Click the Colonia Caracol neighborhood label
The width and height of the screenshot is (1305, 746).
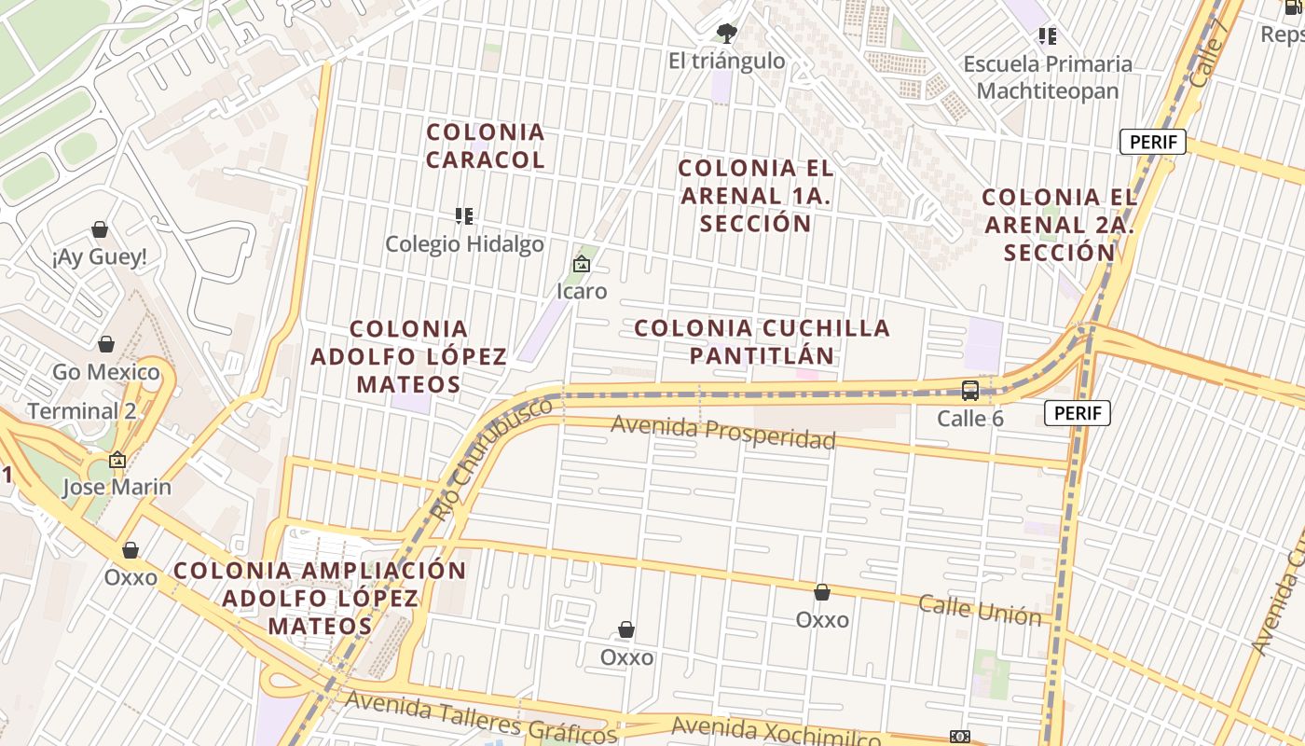tap(485, 145)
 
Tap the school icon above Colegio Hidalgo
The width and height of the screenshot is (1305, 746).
tap(464, 216)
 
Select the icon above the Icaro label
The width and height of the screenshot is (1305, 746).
tap(582, 264)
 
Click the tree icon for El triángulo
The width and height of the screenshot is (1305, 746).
tap(726, 34)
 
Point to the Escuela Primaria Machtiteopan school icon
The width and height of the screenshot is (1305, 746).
tap(1048, 36)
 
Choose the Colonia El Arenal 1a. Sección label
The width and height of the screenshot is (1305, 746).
tap(756, 196)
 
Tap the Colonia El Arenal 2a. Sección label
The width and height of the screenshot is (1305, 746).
tap(1060, 225)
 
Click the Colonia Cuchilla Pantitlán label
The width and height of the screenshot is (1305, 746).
tap(762, 341)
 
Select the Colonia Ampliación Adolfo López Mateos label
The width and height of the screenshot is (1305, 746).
tap(321, 598)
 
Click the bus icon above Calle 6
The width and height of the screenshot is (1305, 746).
tap(970, 391)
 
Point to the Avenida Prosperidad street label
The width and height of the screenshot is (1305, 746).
tap(723, 433)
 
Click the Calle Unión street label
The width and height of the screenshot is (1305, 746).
tap(980, 610)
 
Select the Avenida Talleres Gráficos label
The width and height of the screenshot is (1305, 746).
tap(481, 717)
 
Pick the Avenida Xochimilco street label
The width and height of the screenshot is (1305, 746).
tap(776, 732)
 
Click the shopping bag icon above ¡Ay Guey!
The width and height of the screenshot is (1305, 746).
tap(100, 229)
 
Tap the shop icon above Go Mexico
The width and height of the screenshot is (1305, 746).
tap(106, 345)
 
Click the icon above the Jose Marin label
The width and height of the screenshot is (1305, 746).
tap(117, 460)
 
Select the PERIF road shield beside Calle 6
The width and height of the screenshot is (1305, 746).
tap(1078, 413)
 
